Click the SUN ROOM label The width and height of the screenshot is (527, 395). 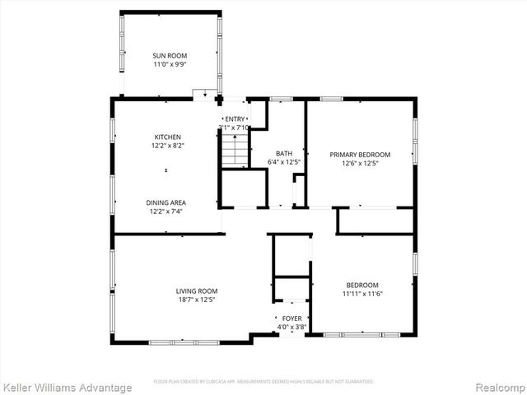[x=170, y=55]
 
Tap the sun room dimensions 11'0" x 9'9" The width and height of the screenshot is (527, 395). [x=170, y=64]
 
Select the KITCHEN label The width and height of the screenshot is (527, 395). [x=167, y=137]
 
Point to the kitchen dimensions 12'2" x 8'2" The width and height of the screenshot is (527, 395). [x=167, y=146]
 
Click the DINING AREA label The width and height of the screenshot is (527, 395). [x=167, y=202]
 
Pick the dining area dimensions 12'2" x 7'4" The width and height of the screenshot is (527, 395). [x=167, y=211]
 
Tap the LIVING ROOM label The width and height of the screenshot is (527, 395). [x=197, y=290]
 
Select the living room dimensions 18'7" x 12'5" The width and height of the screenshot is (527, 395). [x=197, y=300]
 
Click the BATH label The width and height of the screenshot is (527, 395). [x=284, y=153]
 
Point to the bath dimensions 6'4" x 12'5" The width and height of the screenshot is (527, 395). [x=284, y=162]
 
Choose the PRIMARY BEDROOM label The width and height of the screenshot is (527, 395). [x=360, y=154]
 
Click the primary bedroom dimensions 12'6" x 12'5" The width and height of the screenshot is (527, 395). [x=360, y=163]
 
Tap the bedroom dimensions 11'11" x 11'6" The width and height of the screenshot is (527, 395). [x=363, y=294]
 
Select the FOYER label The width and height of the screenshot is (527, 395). [x=291, y=318]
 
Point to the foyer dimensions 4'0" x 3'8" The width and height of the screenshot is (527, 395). [x=291, y=327]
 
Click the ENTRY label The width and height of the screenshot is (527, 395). [x=236, y=119]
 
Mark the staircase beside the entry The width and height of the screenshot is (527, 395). [x=235, y=149]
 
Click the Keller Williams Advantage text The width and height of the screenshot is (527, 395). [x=68, y=388]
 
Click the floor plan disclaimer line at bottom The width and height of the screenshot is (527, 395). [x=263, y=382]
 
